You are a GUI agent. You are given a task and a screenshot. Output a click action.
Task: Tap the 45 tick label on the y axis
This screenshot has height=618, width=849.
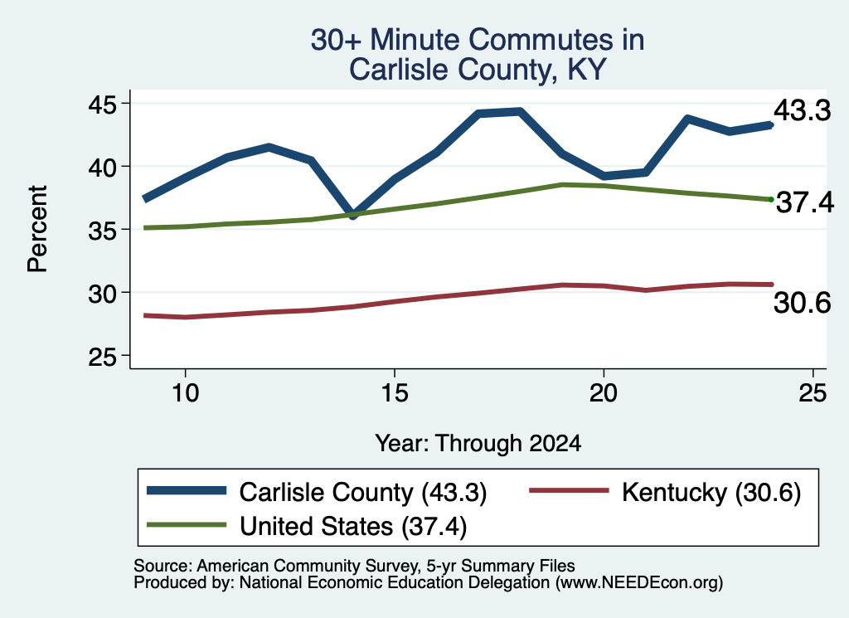(102, 105)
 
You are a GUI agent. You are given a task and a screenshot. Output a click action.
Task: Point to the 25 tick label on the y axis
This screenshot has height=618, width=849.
(102, 357)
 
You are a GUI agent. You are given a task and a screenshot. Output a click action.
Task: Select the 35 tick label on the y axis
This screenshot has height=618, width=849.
(102, 231)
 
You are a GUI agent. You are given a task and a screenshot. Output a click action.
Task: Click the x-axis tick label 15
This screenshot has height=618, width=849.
(394, 392)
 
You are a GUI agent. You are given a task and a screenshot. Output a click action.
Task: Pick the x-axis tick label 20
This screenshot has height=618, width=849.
(604, 392)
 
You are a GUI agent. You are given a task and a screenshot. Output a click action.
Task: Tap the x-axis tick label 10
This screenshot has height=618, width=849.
(186, 392)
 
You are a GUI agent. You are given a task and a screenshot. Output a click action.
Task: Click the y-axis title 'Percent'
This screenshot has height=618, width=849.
(37, 229)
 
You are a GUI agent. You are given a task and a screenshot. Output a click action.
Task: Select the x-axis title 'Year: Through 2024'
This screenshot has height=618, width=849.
(478, 443)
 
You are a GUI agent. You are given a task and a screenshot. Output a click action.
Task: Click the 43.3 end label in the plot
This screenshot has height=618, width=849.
(802, 110)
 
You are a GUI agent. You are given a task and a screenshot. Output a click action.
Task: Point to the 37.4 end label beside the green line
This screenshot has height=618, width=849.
(805, 203)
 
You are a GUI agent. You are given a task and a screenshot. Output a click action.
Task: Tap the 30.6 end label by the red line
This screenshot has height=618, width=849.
(802, 302)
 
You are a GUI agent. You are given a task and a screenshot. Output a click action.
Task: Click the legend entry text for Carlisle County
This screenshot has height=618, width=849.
(363, 493)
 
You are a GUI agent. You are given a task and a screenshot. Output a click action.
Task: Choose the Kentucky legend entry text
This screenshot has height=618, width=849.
(711, 493)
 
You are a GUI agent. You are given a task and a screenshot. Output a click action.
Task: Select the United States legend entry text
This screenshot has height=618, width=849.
(353, 527)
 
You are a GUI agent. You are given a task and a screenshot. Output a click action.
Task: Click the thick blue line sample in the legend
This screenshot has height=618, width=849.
(187, 491)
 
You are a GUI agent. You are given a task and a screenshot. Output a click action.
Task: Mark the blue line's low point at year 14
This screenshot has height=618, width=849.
(353, 215)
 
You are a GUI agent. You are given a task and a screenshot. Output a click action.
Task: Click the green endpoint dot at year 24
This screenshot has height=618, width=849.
(771, 199)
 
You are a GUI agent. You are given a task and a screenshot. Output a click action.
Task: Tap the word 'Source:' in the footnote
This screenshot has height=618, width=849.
(163, 566)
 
